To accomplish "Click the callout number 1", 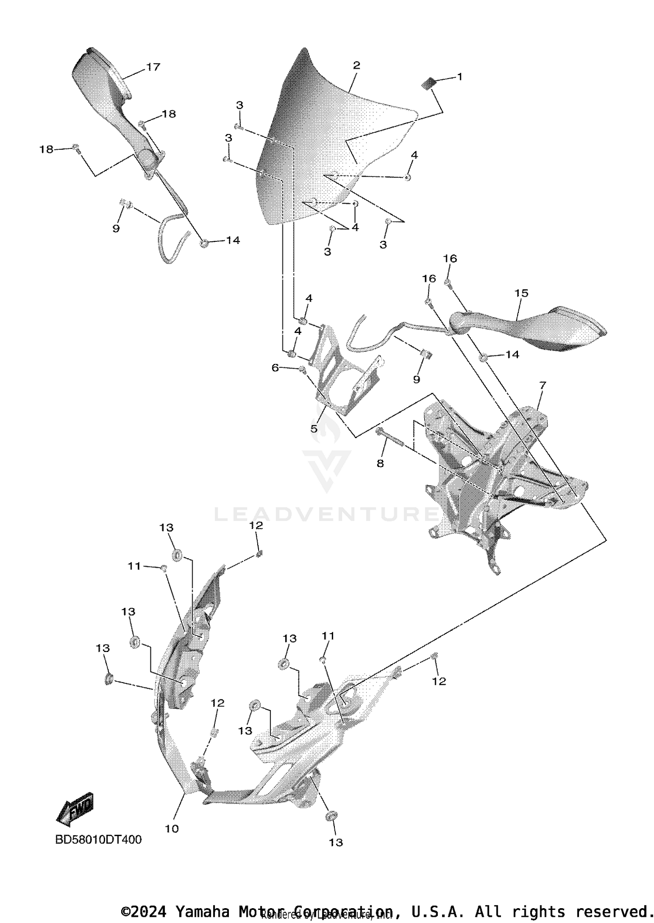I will pos(460,77).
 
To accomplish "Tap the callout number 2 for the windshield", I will pos(356,65).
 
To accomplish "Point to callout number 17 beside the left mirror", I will pos(153,67).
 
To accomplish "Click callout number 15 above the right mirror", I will pos(521,293).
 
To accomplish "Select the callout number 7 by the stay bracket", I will pos(542,385).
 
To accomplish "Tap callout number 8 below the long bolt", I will pos(380,463).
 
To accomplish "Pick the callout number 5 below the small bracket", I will pos(314,429).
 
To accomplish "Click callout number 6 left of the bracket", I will pos(275,368).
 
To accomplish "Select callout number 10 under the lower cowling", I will pos(172,828).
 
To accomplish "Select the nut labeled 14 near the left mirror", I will pos(204,243).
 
